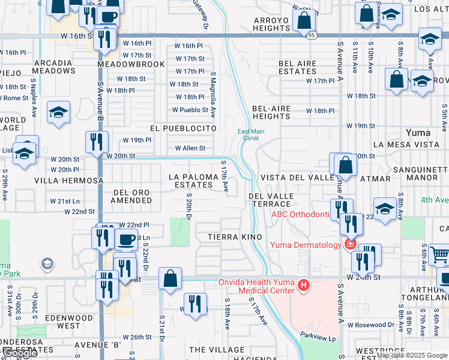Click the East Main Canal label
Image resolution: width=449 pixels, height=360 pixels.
[250, 134]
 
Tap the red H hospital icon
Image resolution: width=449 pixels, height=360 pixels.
[304, 286]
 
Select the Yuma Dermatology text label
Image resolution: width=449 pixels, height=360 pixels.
[306, 245]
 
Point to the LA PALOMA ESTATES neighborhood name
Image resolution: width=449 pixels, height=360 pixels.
[191, 181]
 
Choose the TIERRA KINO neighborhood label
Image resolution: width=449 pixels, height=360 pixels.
[235, 238]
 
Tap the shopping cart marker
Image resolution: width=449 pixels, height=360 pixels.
[439, 256]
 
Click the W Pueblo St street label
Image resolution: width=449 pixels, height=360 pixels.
[190, 110]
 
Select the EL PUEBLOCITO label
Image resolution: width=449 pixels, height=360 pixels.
[183, 128]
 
